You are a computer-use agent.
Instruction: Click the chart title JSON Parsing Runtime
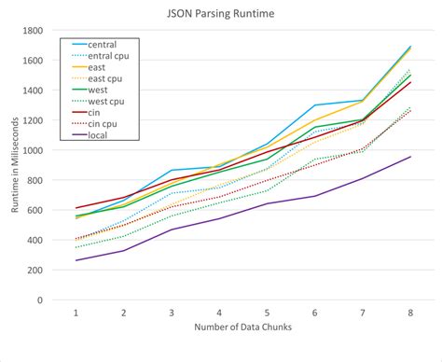pos(220,14)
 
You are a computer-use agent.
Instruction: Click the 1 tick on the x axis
pos(76,313)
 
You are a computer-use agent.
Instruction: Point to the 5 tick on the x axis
pos(267,313)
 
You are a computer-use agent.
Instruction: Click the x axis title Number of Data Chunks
pos(242,328)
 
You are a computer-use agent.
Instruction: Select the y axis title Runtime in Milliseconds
pos(16,164)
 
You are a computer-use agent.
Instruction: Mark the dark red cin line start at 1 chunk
pos(76,208)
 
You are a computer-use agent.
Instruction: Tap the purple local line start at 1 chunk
pos(76,260)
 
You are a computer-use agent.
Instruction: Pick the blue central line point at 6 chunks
pos(314,105)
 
